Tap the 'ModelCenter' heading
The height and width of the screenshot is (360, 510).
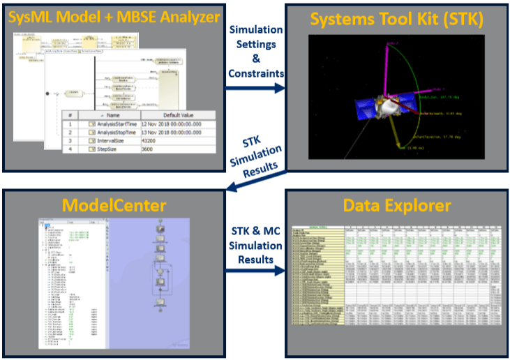(113, 205)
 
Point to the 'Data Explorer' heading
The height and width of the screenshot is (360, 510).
(395, 205)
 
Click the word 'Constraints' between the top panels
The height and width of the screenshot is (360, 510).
(256, 73)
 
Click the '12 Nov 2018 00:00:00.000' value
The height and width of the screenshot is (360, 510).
(177, 125)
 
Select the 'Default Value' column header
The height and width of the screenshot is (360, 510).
(178, 114)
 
